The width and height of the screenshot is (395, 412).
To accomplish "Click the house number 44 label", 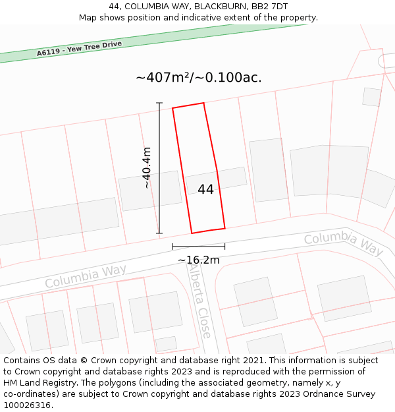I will (x=205, y=189).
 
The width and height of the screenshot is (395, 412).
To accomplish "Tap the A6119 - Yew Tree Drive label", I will (x=79, y=48).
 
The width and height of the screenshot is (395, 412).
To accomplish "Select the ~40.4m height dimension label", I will (x=147, y=167).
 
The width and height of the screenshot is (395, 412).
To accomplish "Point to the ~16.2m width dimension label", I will (x=198, y=260).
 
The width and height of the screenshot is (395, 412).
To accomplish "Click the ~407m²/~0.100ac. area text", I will (x=198, y=77).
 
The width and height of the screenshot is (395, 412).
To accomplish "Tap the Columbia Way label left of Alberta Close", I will (x=86, y=276).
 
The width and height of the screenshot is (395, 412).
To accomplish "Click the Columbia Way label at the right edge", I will (x=343, y=243).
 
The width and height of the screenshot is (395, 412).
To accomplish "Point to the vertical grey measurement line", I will (x=159, y=168).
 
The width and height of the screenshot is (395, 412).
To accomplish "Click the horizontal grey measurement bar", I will (x=198, y=247).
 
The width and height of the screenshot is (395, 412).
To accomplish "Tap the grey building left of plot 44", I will (x=150, y=191).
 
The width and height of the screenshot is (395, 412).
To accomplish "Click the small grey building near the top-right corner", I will (x=372, y=96).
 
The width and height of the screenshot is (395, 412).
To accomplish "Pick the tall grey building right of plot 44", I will (x=269, y=169).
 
